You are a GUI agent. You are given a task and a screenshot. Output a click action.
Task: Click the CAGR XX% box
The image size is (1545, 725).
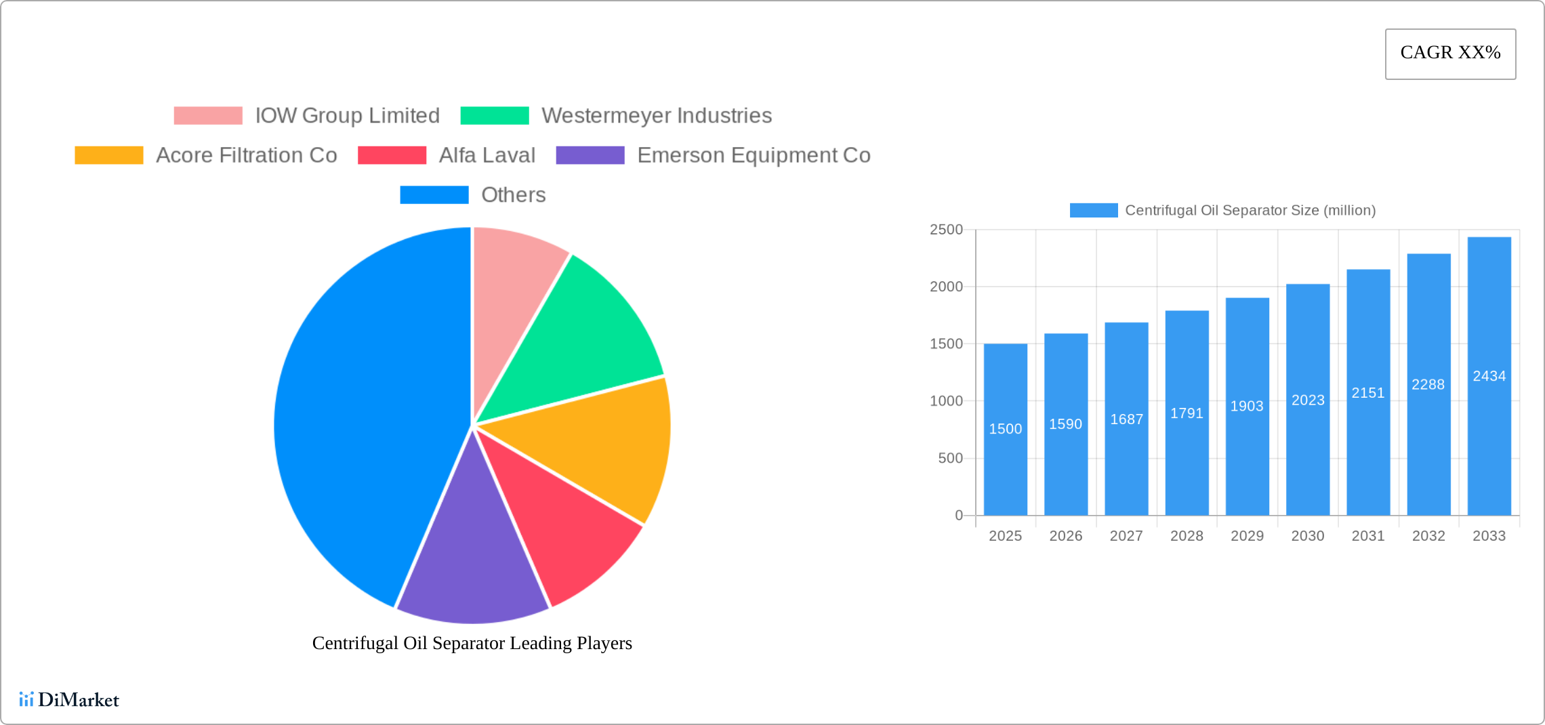(1450, 54)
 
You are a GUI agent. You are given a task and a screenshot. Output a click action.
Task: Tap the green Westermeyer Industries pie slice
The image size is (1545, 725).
(583, 339)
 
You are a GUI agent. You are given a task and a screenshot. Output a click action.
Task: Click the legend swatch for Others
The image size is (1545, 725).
(434, 195)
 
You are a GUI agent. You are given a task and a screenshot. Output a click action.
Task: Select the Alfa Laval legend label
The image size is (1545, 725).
(487, 155)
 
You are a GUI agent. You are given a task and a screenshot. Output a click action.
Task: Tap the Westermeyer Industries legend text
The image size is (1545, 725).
(656, 116)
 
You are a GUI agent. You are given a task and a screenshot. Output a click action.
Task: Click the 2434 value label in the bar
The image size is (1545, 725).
(1489, 376)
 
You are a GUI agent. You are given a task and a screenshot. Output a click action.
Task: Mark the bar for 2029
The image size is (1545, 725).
(1247, 461)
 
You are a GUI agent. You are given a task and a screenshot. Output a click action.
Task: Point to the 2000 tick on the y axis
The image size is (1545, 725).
(946, 287)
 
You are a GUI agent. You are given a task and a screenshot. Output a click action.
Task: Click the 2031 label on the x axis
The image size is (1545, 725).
(1367, 536)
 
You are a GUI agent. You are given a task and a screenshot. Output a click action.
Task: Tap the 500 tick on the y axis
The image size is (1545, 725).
(950, 459)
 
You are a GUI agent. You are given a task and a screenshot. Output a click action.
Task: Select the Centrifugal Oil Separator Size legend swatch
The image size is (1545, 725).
(1093, 211)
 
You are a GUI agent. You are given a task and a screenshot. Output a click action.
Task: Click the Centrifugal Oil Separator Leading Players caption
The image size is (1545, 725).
(472, 643)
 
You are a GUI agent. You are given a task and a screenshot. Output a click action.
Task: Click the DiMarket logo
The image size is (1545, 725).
(69, 699)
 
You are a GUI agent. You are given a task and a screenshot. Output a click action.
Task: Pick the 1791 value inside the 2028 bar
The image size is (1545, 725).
(1187, 413)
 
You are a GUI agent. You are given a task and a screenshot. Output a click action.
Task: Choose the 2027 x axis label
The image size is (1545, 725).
(1126, 536)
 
